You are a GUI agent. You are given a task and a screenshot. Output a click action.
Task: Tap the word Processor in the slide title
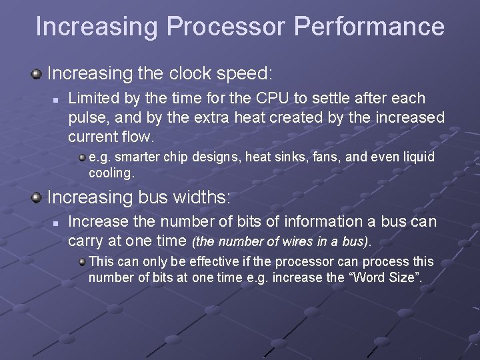click(x=226, y=27)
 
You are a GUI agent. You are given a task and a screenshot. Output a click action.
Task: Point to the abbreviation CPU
click(x=271, y=99)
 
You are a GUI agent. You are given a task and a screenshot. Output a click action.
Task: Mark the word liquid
click(x=417, y=157)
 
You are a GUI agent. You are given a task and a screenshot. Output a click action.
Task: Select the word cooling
click(x=111, y=173)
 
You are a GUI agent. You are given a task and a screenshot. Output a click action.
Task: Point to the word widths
click(x=199, y=197)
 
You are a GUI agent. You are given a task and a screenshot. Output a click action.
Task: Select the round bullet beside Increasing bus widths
click(x=37, y=197)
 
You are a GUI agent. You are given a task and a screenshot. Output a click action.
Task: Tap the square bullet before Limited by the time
click(x=57, y=99)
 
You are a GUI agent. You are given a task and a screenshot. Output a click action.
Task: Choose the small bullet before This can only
click(x=81, y=261)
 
